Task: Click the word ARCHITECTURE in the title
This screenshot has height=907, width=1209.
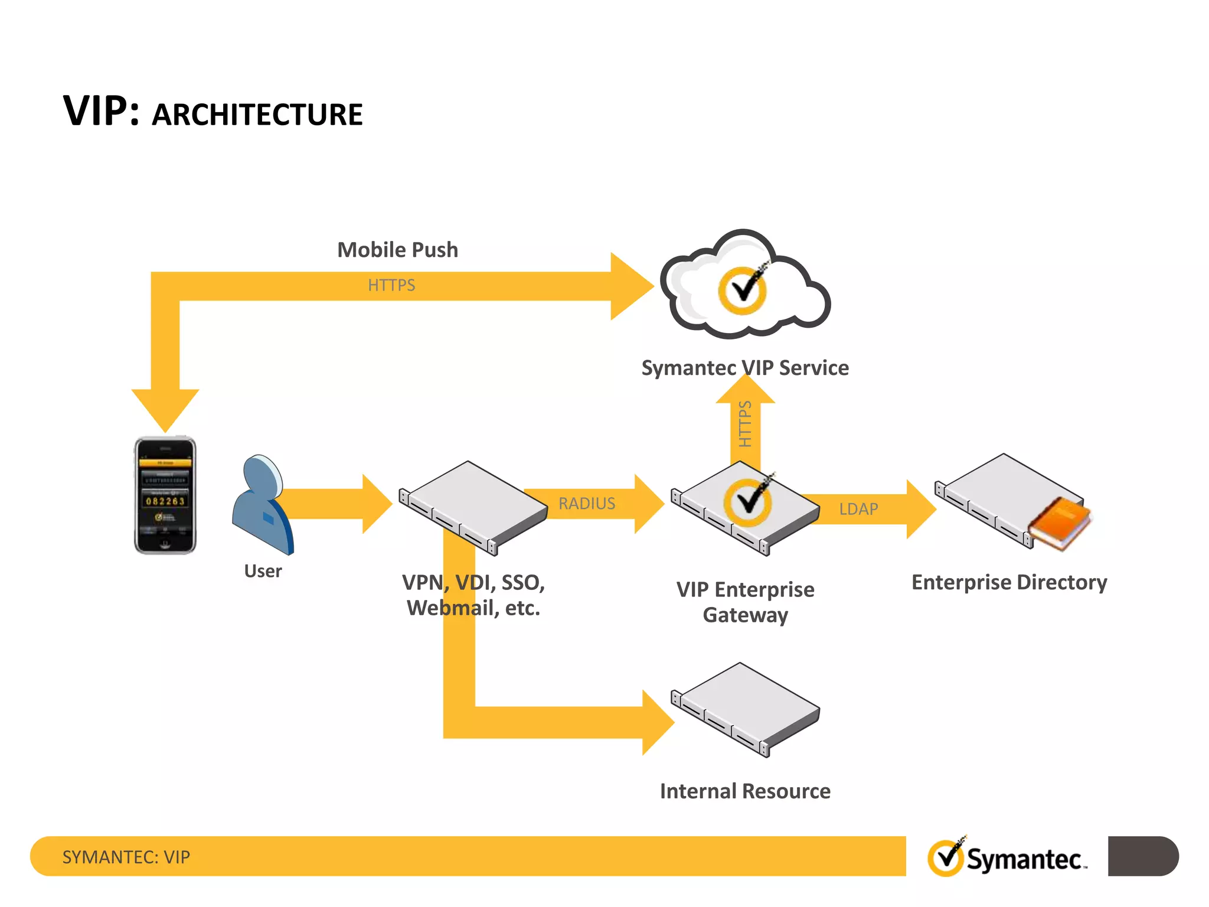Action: pyautogui.click(x=257, y=115)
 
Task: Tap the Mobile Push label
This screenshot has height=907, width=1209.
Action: pyautogui.click(x=397, y=250)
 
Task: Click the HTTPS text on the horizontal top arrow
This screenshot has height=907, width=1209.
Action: pyautogui.click(x=391, y=285)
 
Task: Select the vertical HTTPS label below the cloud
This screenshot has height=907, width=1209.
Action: pyautogui.click(x=745, y=423)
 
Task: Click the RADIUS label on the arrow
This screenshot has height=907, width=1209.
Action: pyautogui.click(x=587, y=504)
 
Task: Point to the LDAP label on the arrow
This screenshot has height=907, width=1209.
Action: pyautogui.click(x=858, y=509)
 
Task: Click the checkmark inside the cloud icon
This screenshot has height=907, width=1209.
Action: pyautogui.click(x=743, y=289)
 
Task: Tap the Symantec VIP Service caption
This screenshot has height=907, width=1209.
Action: pyautogui.click(x=745, y=368)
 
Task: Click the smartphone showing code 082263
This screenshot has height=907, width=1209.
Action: pyautogui.click(x=165, y=495)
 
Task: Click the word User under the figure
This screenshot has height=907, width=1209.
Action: pyautogui.click(x=263, y=571)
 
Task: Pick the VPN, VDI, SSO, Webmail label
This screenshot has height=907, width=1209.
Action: pyautogui.click(x=473, y=595)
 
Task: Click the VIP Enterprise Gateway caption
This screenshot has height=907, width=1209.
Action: pyautogui.click(x=745, y=602)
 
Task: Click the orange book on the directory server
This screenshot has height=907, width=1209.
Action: pyautogui.click(x=1060, y=523)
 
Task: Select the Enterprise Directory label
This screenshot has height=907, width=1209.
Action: pyautogui.click(x=1009, y=582)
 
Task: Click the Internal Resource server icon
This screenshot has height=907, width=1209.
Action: pyautogui.click(x=745, y=709)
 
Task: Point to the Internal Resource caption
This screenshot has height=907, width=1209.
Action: pyautogui.click(x=745, y=791)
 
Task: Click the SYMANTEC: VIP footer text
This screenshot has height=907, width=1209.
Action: pyautogui.click(x=126, y=857)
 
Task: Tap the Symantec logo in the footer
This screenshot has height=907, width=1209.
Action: pyautogui.click(x=1007, y=857)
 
